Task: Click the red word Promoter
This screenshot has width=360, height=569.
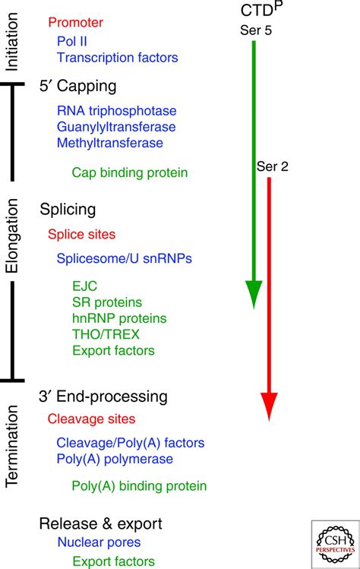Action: click(75, 24)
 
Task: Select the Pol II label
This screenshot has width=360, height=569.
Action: click(72, 40)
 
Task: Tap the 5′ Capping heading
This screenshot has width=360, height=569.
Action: click(77, 85)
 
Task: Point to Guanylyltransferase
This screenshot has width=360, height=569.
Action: click(115, 126)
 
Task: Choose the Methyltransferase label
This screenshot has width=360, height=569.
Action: click(109, 142)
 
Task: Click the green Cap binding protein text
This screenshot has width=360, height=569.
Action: click(129, 172)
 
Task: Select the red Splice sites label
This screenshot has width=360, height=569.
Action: click(81, 235)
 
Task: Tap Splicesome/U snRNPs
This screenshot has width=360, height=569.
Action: click(124, 258)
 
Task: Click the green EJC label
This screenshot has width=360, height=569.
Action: click(84, 286)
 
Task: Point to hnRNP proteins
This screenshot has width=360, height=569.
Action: click(119, 318)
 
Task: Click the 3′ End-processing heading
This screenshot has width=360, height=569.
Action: click(103, 397)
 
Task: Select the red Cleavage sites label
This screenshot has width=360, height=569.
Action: click(91, 419)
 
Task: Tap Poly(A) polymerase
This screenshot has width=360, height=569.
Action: click(115, 459)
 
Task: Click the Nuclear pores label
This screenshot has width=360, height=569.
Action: click(98, 542)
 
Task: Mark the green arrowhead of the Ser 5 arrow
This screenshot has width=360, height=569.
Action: click(254, 293)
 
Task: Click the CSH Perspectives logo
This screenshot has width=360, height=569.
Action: click(333, 542)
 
